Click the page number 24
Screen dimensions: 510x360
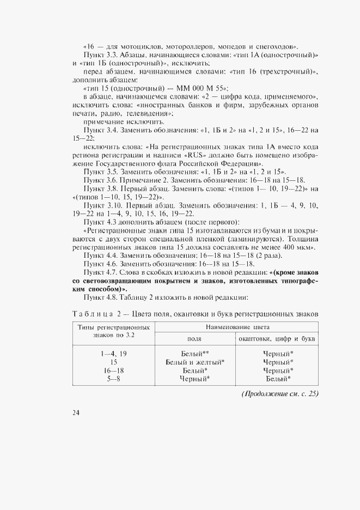click(x=75, y=412)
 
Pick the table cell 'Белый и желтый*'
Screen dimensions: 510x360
click(x=195, y=362)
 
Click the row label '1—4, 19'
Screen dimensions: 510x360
click(x=113, y=354)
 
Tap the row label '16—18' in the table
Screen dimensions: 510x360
click(x=113, y=370)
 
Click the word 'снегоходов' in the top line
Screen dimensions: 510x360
click(x=276, y=46)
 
